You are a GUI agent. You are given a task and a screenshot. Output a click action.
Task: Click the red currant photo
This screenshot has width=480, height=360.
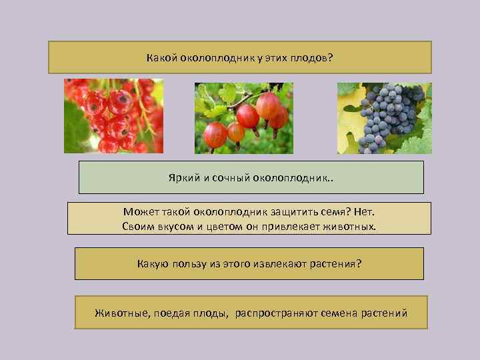113,116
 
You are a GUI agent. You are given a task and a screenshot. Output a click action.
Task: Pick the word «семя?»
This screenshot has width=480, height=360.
331,212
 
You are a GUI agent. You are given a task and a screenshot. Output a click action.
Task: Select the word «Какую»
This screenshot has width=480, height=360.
153,264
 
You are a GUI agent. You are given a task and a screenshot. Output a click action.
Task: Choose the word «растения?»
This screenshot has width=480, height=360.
336,264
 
